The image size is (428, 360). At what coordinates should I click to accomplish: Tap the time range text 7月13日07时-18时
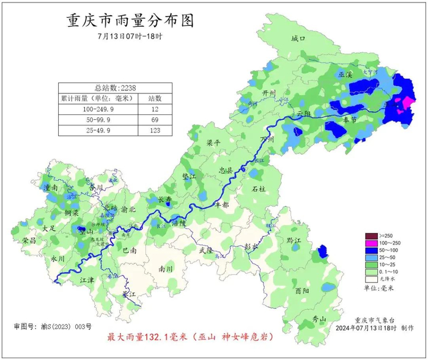point(130,36)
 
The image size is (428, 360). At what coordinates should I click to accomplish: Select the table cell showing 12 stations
point(155,108)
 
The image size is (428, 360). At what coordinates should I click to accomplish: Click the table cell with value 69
point(155,119)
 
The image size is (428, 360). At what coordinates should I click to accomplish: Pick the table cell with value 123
point(155,130)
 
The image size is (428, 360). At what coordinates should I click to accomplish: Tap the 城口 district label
point(298,39)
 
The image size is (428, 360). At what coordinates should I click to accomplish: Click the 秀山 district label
point(319,319)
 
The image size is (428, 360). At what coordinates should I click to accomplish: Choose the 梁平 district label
point(213,142)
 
